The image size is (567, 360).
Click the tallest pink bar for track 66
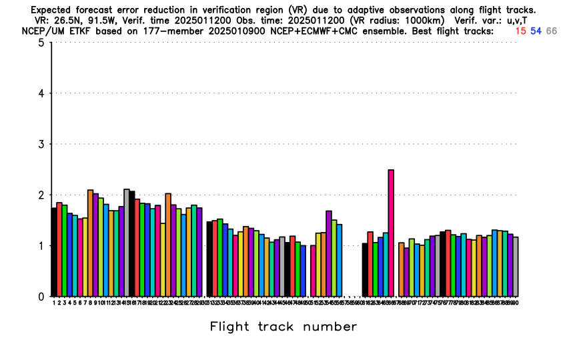(391, 233)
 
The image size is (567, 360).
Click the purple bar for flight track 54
(329, 253)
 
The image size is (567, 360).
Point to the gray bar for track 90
(516, 267)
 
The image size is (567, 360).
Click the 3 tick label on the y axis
(41, 145)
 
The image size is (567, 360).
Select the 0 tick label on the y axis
(41, 297)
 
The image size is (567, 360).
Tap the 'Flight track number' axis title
(283, 327)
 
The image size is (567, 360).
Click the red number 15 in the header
(520, 31)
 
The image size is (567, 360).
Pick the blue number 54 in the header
(536, 31)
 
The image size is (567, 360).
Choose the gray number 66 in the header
(551, 31)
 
